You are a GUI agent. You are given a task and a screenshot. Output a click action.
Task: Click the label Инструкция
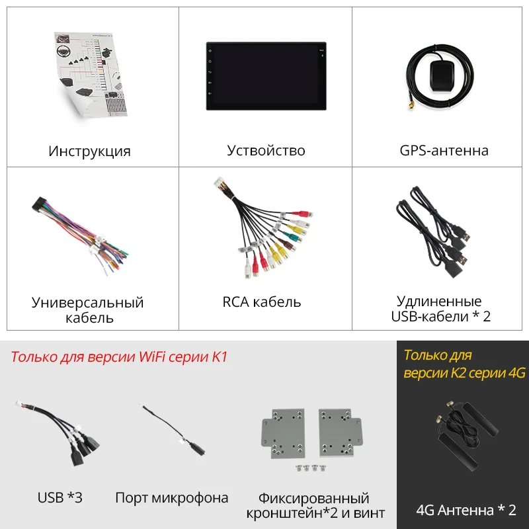[x=89, y=151]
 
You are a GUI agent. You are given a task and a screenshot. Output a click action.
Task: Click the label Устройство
[x=266, y=151]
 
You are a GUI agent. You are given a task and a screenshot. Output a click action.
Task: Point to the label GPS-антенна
[x=444, y=151]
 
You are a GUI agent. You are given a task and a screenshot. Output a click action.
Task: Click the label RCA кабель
[x=262, y=302]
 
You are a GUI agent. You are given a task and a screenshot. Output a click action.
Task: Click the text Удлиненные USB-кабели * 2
[x=440, y=309]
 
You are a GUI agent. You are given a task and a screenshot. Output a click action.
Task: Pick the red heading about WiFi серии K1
[x=119, y=358]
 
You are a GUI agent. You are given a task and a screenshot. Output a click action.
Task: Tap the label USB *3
[x=60, y=497]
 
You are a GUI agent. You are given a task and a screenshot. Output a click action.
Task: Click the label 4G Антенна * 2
[x=466, y=510]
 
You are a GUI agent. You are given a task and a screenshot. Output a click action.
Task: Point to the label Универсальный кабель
[x=87, y=310]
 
